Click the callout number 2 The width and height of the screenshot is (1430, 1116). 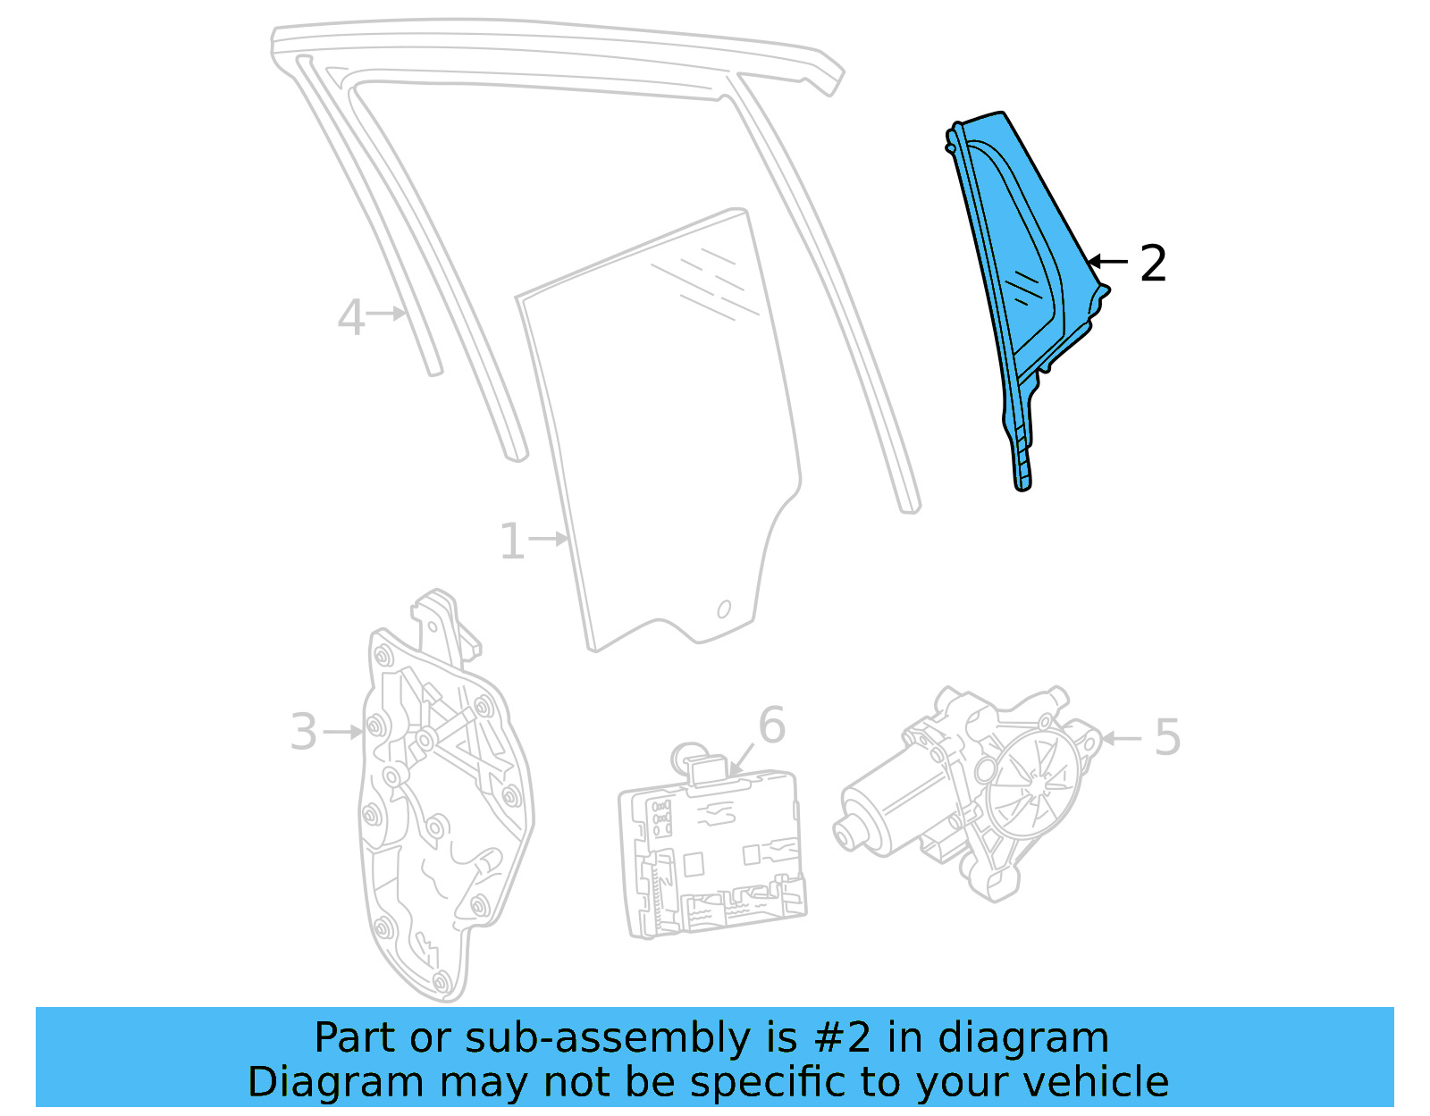click(x=1153, y=264)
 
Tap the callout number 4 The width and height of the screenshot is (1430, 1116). click(x=351, y=317)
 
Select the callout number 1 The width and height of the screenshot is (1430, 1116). click(x=511, y=541)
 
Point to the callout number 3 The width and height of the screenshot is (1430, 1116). click(x=304, y=733)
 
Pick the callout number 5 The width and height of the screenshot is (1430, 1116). click(x=1167, y=738)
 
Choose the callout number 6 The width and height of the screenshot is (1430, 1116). click(x=771, y=726)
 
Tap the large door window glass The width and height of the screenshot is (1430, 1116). click(x=661, y=429)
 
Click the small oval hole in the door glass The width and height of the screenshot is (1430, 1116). click(x=724, y=609)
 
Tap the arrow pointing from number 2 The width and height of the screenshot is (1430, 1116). click(x=1108, y=262)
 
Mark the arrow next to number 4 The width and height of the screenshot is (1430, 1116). click(x=388, y=314)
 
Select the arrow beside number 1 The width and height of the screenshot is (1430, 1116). click(x=549, y=539)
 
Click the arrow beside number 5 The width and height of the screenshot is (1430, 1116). click(x=1123, y=738)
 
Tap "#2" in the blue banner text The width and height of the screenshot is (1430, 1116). click(x=842, y=1038)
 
